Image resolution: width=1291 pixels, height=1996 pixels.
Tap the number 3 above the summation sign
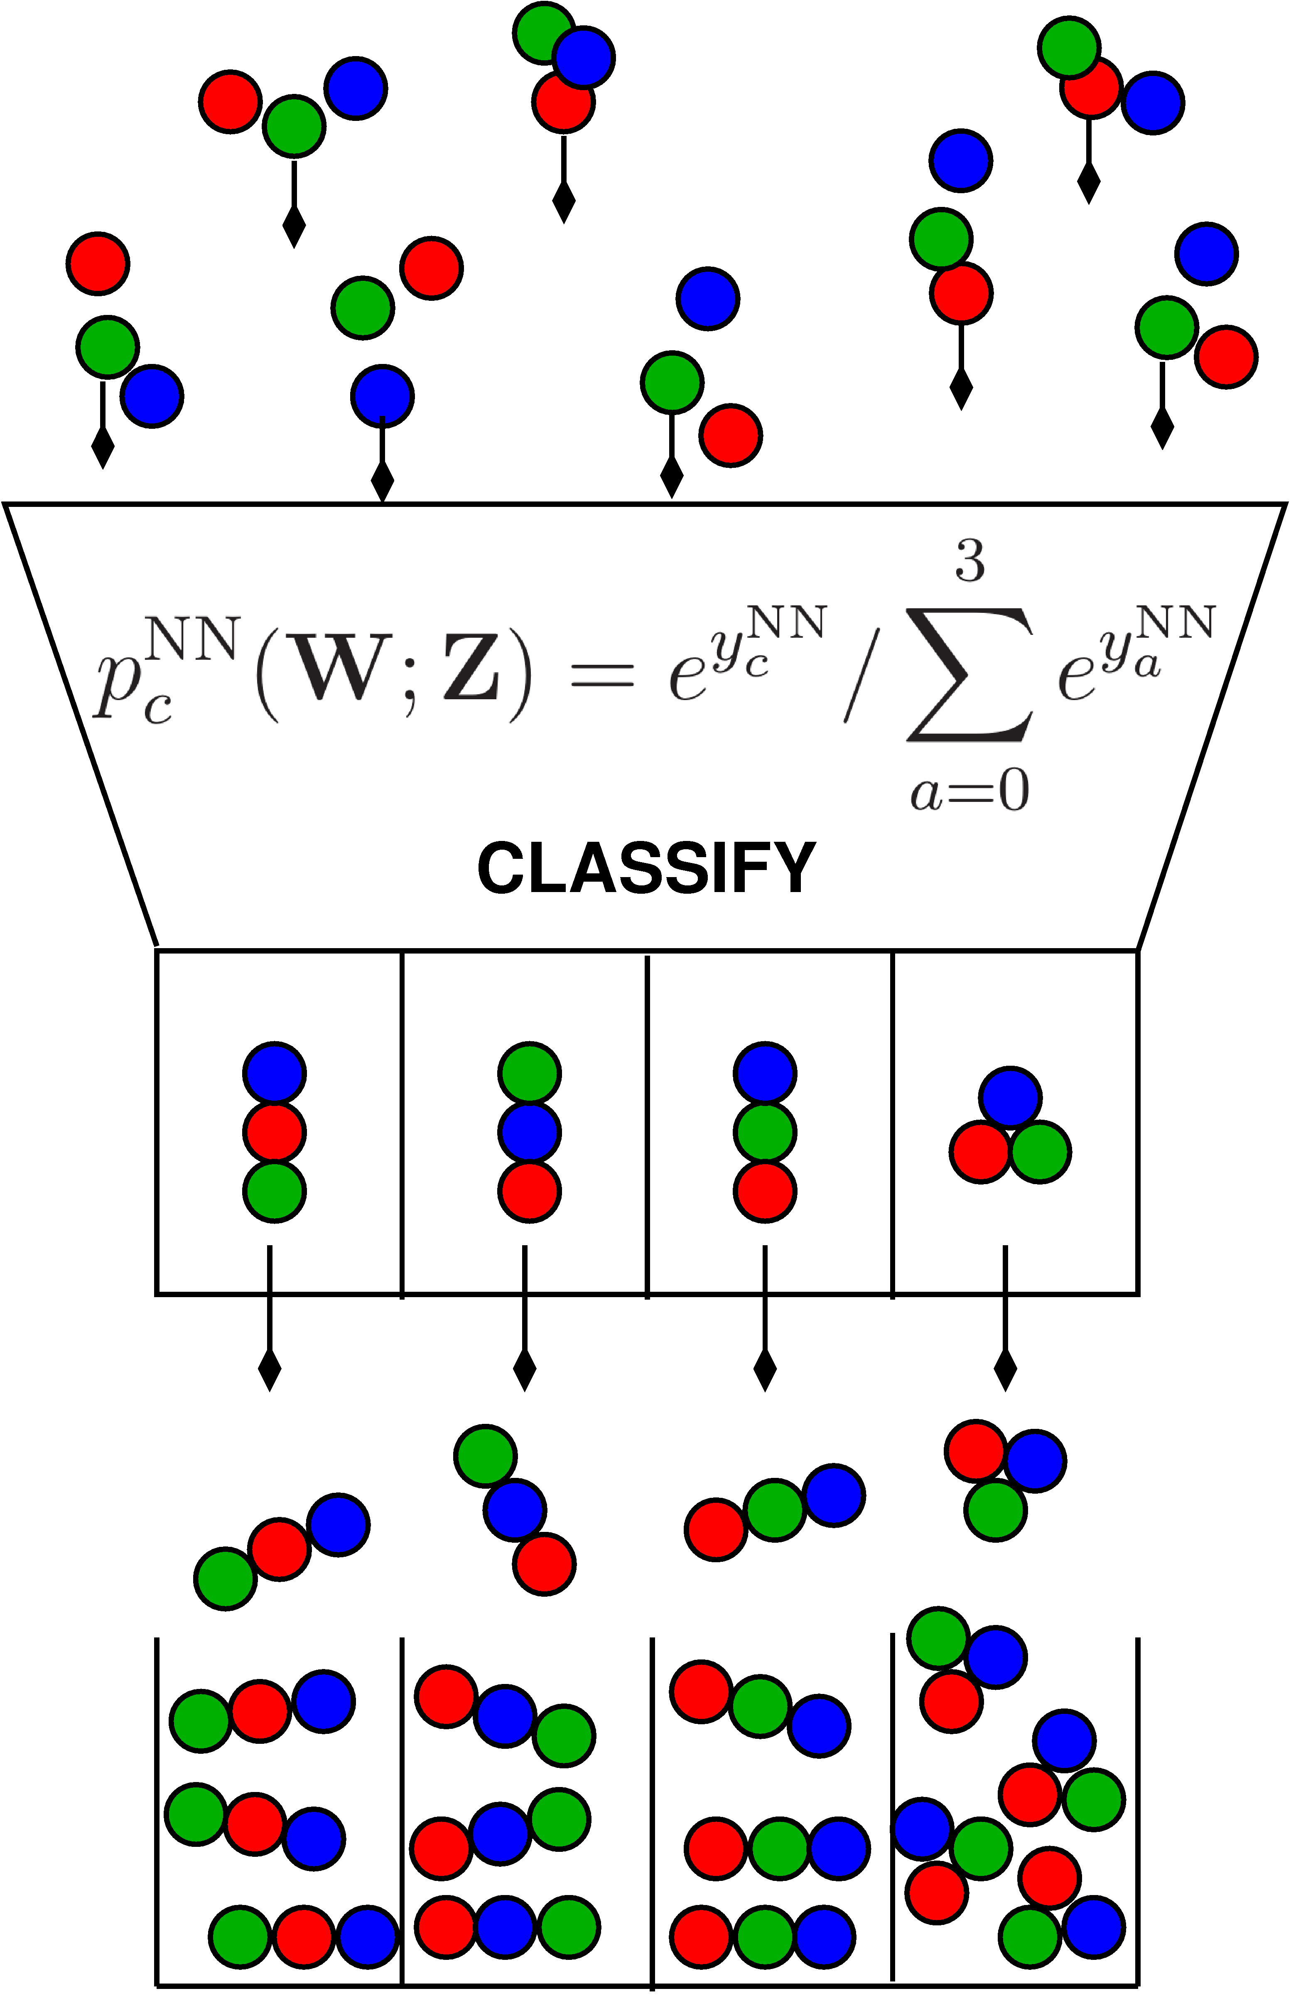point(970,562)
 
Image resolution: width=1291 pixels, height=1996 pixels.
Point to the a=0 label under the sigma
point(970,791)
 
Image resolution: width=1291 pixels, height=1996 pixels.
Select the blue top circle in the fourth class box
point(1010,1096)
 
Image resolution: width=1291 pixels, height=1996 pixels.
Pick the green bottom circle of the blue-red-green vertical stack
point(274,1191)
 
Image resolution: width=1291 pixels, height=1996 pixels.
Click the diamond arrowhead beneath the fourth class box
point(1005,1371)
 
